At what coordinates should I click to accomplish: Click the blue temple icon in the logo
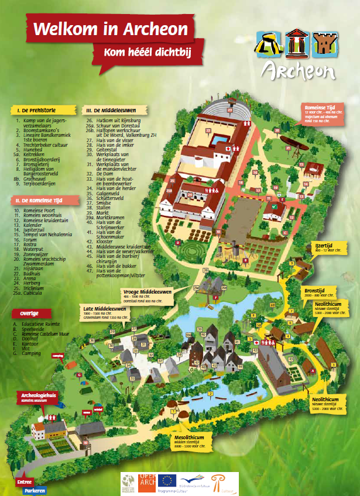[x=295, y=43]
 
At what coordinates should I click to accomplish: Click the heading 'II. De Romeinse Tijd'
[x=39, y=200]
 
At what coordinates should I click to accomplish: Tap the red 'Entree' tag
[x=24, y=482]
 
